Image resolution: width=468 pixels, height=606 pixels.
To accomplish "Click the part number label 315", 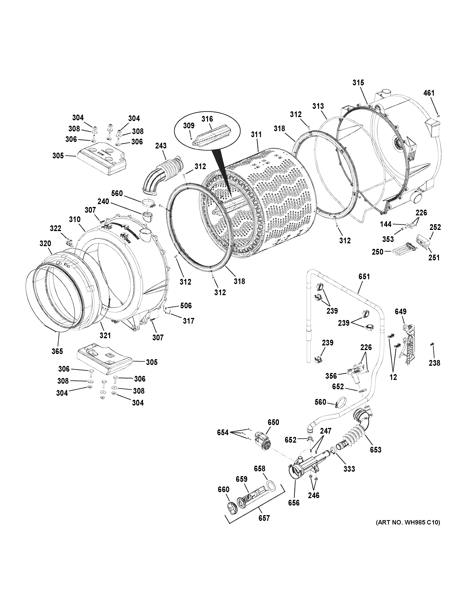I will tap(358, 83).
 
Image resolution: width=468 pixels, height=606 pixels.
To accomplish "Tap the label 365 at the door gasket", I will tap(57, 351).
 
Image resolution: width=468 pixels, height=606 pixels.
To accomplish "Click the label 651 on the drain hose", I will tap(364, 276).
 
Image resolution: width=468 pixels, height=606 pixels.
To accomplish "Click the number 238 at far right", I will tap(434, 363).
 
